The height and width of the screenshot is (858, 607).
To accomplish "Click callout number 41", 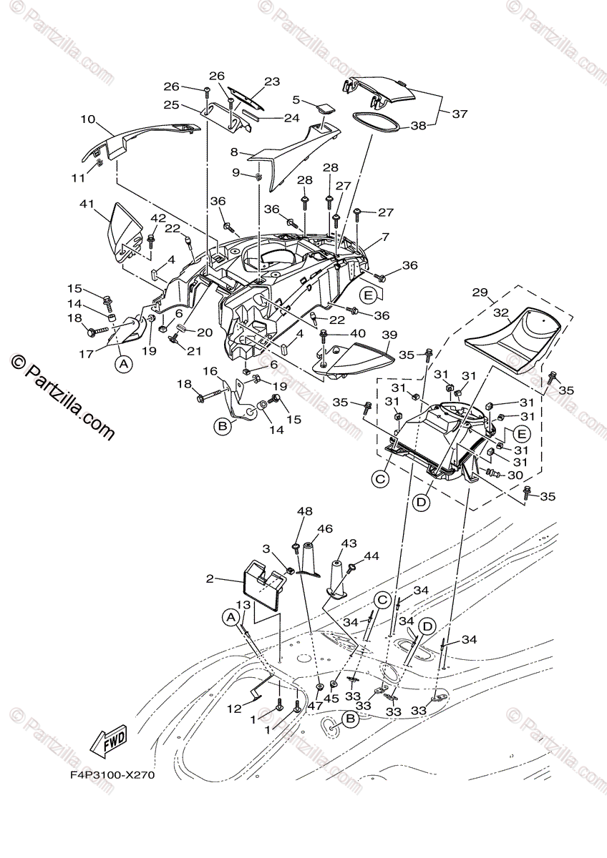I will pos(87,204).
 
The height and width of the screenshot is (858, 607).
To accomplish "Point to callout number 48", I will pos(306,512).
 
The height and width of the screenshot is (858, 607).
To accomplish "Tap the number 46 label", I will pos(326,529).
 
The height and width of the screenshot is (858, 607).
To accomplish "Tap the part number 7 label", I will pos(385,237).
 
